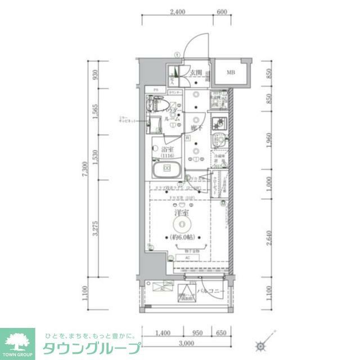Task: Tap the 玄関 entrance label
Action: coord(196,72)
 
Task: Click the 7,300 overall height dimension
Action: coord(84,169)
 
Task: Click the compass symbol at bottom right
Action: coord(260,345)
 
